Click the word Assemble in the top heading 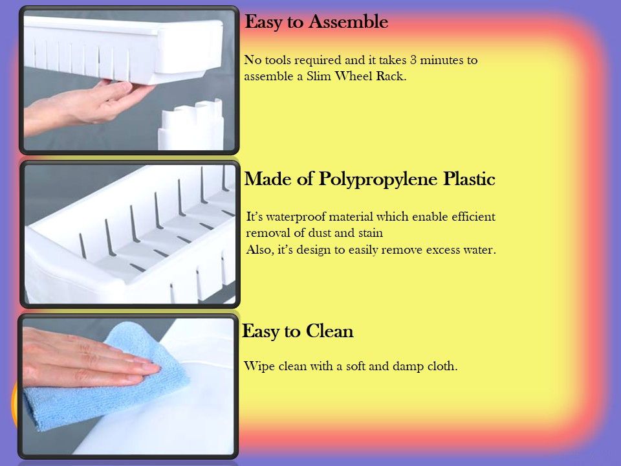pyautogui.click(x=348, y=22)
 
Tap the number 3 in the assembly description pyautogui.click(x=413, y=60)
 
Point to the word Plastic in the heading pyautogui.click(x=469, y=179)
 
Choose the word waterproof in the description pyautogui.click(x=295, y=217)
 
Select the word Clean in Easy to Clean pyautogui.click(x=329, y=331)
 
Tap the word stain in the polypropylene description pyautogui.click(x=370, y=232)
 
